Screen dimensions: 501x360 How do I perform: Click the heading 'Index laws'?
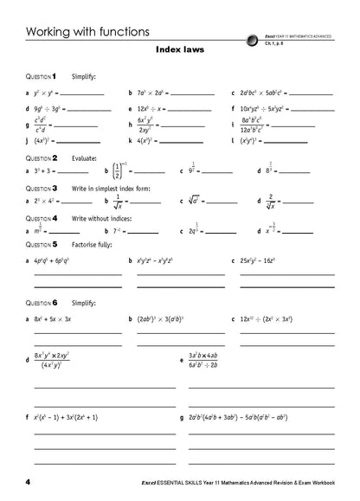(180, 50)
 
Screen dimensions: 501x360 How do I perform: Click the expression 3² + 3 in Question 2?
(47, 173)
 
